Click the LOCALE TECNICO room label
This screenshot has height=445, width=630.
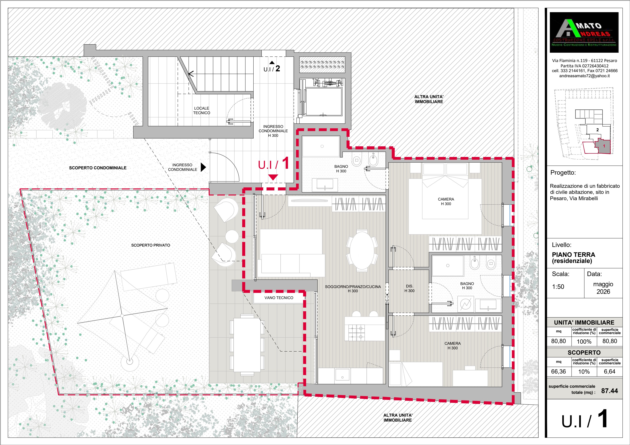pos(202,111)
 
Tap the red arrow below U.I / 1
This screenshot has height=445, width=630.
pos(273,177)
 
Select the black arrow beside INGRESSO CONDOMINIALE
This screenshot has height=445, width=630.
pos(203,167)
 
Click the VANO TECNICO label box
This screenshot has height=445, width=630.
pos(279,298)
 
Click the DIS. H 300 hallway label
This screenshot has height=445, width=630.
pos(409,288)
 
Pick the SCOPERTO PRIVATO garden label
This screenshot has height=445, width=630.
pos(151,245)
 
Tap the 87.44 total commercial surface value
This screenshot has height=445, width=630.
pos(609,391)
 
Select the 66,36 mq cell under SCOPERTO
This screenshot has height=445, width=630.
pos(558,372)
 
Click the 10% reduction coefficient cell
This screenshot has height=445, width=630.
pos(584,372)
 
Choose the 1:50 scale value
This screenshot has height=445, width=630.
pos(558,287)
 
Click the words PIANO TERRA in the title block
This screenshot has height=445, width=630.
pos(573,255)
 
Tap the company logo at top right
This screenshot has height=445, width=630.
pos(584,32)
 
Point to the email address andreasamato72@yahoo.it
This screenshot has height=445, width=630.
pos(584,76)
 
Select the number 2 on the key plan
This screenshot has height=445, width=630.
pos(598,130)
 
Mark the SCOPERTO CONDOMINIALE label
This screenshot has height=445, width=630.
pos(98,168)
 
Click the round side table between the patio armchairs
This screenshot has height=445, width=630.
pos(232,236)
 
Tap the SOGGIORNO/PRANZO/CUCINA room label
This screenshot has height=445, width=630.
pos(353,289)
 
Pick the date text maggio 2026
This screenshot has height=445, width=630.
pos(603,288)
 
